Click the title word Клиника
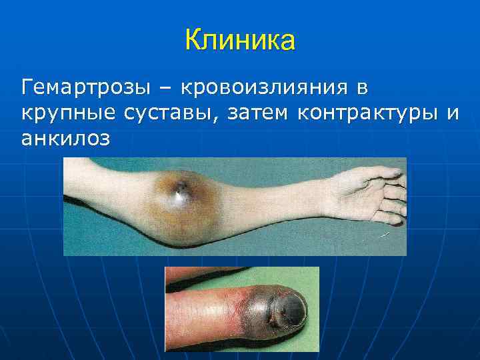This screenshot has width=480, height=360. coord(240,41)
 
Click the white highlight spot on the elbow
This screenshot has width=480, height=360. coord(178,195)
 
